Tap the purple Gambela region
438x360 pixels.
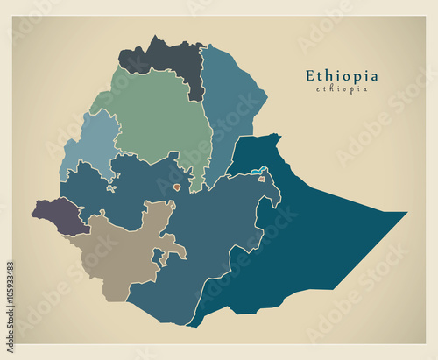(57, 213)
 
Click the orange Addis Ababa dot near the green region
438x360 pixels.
(176, 187)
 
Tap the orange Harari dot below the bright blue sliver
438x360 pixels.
(261, 179)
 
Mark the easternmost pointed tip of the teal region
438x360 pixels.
(406, 213)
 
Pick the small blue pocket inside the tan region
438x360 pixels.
(158, 257)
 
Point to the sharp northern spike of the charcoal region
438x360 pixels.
(157, 38)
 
